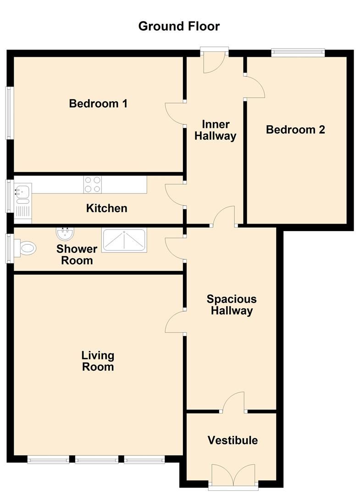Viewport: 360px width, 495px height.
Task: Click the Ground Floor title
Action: (x=179, y=26)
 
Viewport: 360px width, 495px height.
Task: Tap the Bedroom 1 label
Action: (x=98, y=104)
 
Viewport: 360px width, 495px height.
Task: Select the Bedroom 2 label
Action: (x=295, y=130)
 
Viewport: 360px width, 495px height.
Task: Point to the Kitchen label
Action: (x=106, y=209)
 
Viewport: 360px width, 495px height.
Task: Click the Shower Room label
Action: (x=77, y=255)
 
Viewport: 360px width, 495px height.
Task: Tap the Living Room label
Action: (x=98, y=361)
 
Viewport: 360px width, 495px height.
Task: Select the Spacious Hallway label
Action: (x=231, y=305)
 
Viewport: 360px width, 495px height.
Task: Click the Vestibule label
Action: (x=233, y=440)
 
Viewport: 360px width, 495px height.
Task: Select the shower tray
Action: (x=124, y=240)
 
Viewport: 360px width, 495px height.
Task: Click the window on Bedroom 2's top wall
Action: (x=298, y=53)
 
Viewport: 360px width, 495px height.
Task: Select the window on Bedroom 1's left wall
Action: (x=8, y=113)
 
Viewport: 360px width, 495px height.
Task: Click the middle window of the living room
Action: (x=96, y=459)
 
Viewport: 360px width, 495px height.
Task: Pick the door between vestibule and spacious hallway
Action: (x=234, y=401)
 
